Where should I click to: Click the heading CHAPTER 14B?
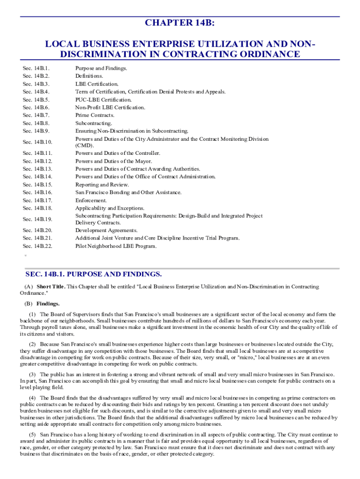coord(180,23)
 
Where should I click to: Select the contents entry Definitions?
coord(89,76)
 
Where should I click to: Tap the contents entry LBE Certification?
coord(97,84)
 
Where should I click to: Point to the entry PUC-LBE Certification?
coord(103,99)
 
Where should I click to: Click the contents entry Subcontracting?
coord(94,123)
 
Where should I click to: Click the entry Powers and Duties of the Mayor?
coord(114,161)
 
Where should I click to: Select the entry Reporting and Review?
coord(102,184)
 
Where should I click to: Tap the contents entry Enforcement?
coord(91,200)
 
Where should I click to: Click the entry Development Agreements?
coord(107,230)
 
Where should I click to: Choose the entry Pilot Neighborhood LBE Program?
coord(116,246)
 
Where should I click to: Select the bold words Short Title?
coord(51,286)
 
